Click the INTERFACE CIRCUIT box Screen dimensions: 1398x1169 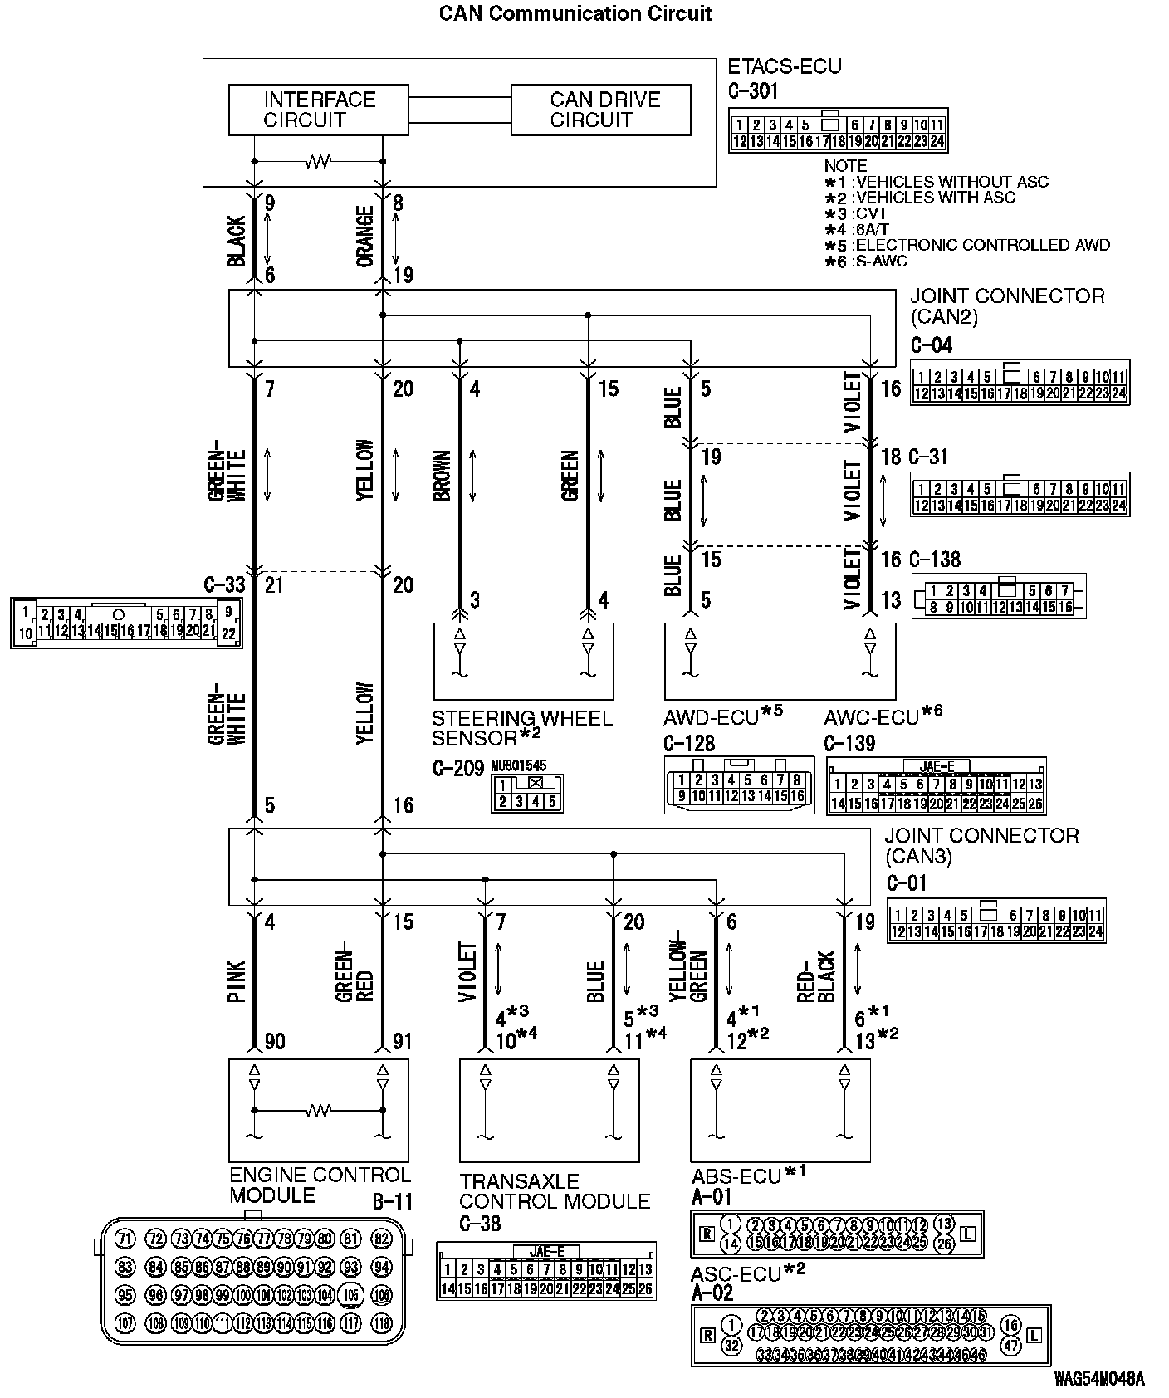click(318, 110)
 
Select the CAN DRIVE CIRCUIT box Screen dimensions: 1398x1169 click(600, 110)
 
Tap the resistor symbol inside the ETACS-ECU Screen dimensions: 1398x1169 click(318, 161)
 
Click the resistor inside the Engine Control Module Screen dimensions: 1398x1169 click(318, 1110)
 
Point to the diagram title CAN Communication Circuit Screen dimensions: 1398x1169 click(575, 13)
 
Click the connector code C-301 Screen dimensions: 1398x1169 click(753, 90)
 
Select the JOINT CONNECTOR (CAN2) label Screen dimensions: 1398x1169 click(1007, 306)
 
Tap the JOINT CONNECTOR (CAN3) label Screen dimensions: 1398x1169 click(981, 845)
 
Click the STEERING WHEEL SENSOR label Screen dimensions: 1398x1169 click(521, 728)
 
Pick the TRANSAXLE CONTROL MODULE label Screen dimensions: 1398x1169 click(555, 1190)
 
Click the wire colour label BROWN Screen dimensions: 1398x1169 click(443, 476)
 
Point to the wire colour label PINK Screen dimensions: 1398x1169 click(237, 981)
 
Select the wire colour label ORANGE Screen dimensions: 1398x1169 click(365, 237)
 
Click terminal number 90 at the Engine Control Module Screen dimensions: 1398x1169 click(275, 1041)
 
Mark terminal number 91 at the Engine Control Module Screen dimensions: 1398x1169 click(402, 1041)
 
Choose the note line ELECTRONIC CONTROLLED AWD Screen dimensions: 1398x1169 click(981, 245)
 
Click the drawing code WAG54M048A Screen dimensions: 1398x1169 click(1098, 1379)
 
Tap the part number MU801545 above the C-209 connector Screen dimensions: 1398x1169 click(519, 765)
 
